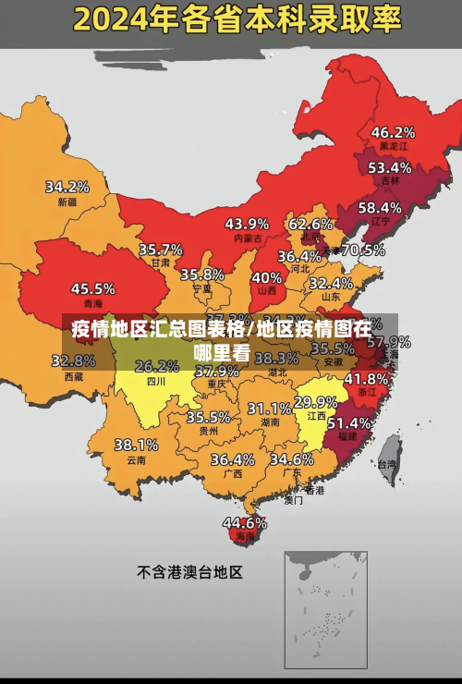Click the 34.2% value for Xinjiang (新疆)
tap(67, 187)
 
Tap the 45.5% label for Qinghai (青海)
tap(93, 288)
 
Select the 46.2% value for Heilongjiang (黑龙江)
tap(393, 132)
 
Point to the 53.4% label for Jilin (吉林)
tap(390, 168)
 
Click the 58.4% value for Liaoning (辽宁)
tap(380, 208)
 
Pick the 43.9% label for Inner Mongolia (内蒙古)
tap(247, 224)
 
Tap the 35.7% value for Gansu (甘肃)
tap(161, 250)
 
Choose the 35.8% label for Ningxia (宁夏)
tap(202, 275)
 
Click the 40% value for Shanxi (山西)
tap(267, 277)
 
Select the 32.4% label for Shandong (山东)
tap(331, 283)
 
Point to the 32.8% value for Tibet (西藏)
tap(79, 361)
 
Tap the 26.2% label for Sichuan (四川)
tap(157, 366)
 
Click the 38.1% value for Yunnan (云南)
tap(136, 445)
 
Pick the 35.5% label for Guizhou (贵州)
tap(209, 417)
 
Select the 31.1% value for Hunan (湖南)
tap(270, 408)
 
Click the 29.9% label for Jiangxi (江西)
tap(315, 402)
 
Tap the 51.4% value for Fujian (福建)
tap(349, 422)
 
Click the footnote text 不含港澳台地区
tap(189, 572)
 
